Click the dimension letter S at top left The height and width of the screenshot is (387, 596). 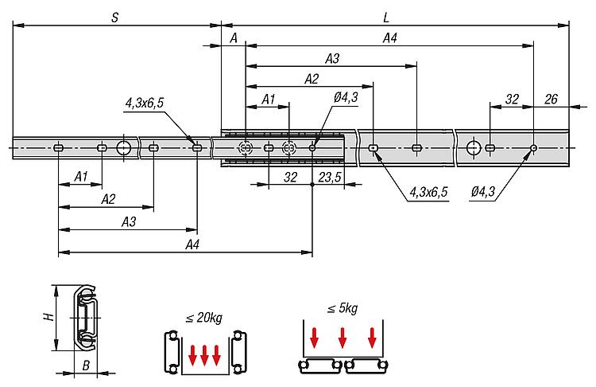tap(114, 18)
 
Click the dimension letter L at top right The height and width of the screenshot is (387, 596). tap(386, 18)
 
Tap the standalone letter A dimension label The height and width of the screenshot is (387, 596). tap(234, 38)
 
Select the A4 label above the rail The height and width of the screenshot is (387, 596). tap(390, 38)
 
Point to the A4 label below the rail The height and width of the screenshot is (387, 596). tap(192, 244)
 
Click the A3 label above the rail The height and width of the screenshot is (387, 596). tap(332, 59)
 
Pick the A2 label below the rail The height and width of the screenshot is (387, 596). tap(108, 199)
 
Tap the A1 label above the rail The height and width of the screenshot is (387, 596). tap(269, 100)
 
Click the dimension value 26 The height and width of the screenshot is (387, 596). tap(551, 99)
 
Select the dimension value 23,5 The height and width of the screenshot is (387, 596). tap(330, 177)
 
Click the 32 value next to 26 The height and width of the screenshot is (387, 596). tap(512, 99)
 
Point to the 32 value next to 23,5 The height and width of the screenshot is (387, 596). tap(290, 177)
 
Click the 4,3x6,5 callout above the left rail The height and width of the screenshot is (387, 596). tap(145, 103)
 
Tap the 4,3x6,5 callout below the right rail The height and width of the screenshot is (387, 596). tap(428, 192)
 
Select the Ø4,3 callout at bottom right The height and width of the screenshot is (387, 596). tap(483, 192)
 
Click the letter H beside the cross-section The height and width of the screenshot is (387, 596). tap(48, 317)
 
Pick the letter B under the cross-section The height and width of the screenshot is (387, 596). tap(87, 365)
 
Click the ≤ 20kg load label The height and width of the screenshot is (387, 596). tap(203, 317)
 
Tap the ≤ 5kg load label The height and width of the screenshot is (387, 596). tap(342, 307)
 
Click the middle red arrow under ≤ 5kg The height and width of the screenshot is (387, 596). tap(343, 338)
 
